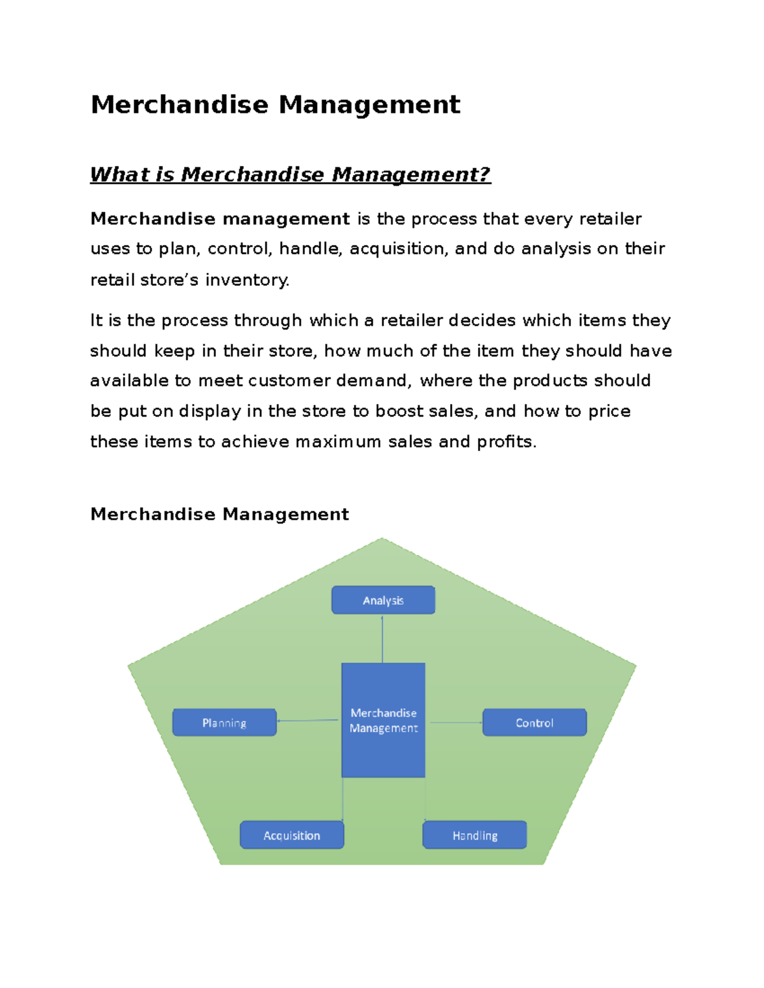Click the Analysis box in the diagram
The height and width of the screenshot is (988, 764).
click(383, 600)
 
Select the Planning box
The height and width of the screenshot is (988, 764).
click(224, 723)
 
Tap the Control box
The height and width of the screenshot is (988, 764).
click(534, 723)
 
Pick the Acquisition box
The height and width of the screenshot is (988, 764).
click(292, 835)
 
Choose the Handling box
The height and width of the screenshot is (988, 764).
click(474, 835)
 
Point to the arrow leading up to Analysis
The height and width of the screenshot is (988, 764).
click(382, 639)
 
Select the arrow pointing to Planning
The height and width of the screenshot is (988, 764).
click(308, 720)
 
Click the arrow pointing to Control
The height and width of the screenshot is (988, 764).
click(455, 723)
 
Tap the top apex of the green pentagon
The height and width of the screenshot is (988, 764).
click(382, 539)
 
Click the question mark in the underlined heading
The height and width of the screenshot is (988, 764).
click(485, 174)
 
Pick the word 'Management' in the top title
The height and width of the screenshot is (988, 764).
click(369, 105)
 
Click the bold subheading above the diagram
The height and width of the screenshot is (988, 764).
click(220, 514)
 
